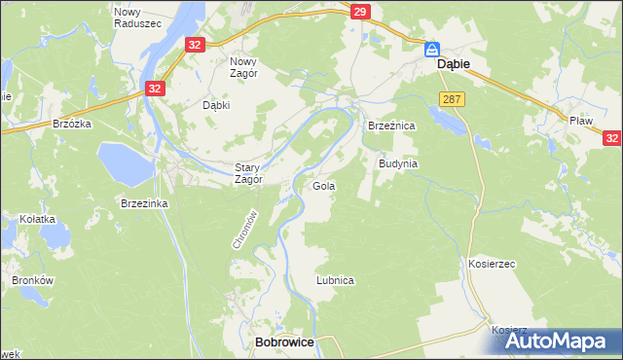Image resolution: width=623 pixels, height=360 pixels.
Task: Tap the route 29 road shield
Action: pos(360,12)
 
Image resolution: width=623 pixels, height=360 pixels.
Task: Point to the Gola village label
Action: pos(322,185)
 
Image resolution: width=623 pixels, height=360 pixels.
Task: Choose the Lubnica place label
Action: pos(334,279)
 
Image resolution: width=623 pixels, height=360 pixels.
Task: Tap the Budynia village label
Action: pos(397,163)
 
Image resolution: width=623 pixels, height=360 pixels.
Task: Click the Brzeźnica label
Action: pos(390,126)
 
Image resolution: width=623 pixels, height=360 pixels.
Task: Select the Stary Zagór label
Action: pos(247,173)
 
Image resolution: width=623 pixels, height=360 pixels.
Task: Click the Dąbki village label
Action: pos(215,105)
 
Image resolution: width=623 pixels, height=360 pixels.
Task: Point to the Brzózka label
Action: pos(72,124)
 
